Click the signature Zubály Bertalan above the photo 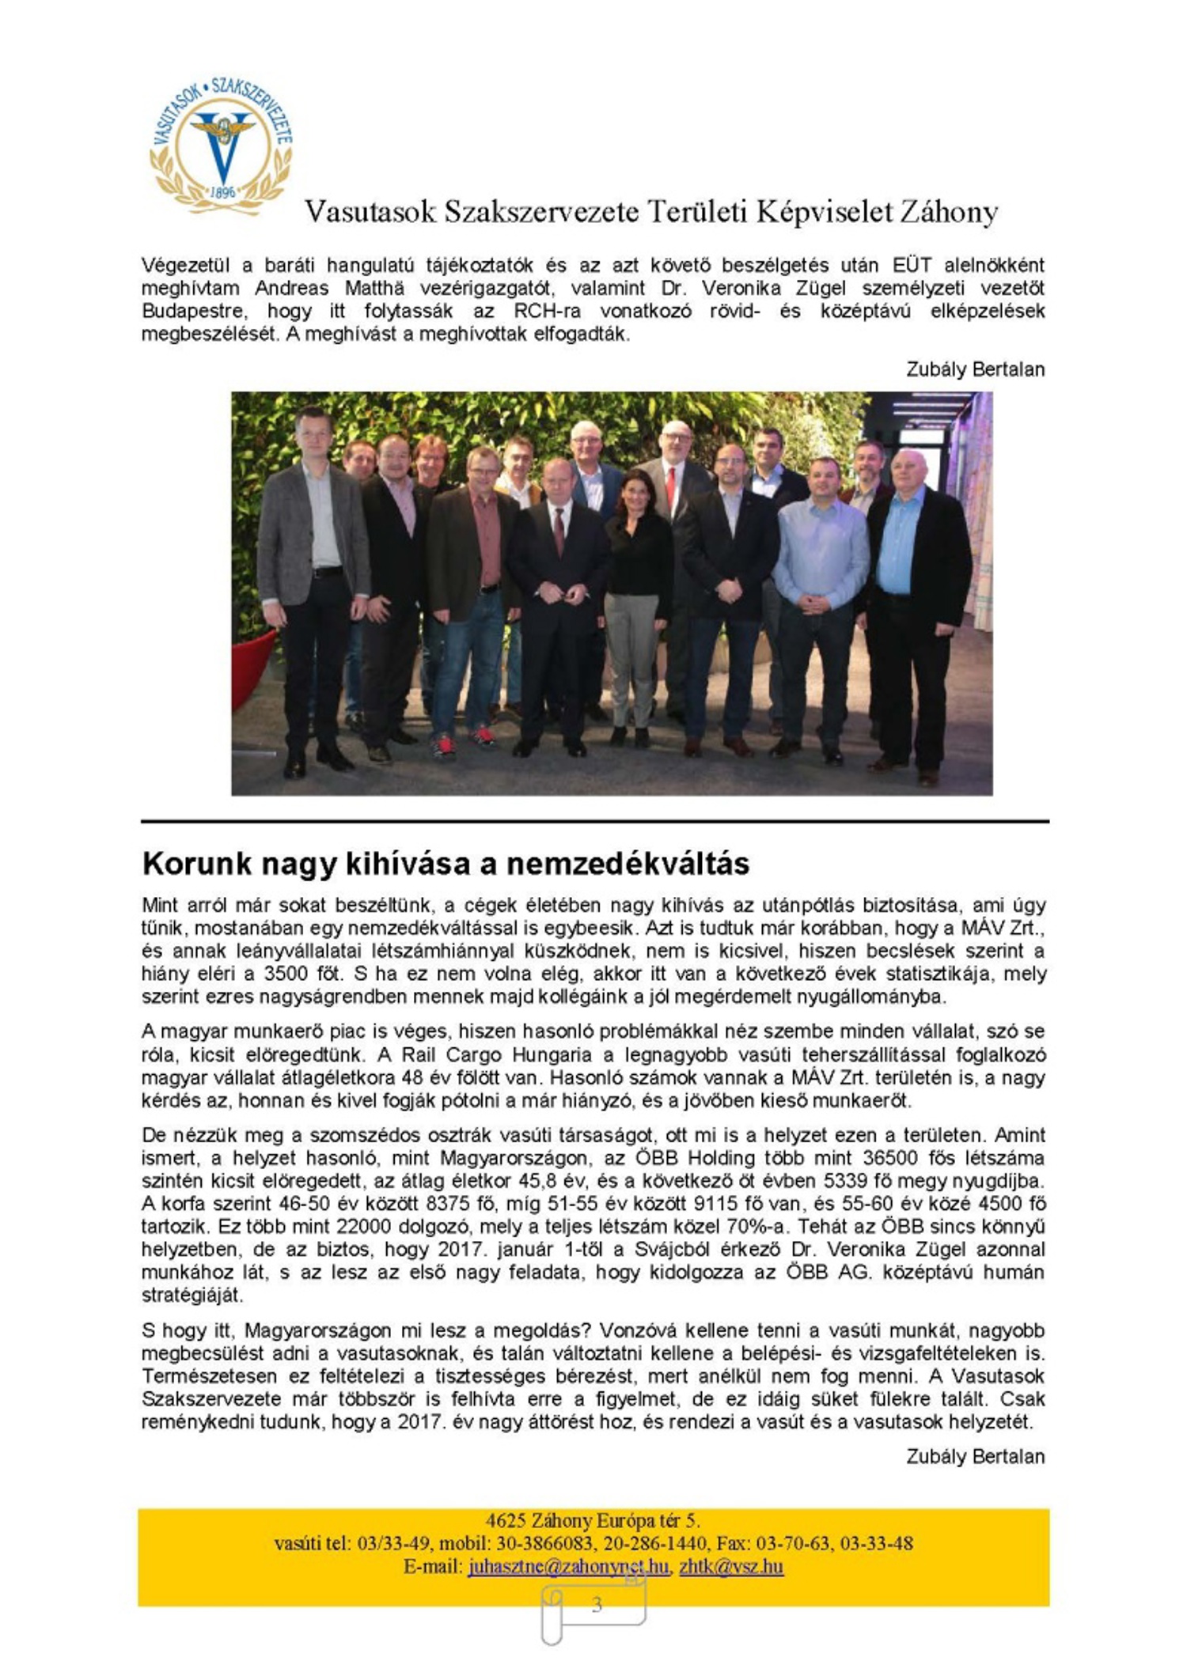point(975,369)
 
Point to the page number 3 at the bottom point(597,1604)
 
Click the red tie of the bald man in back point(672,486)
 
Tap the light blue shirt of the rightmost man point(899,546)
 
